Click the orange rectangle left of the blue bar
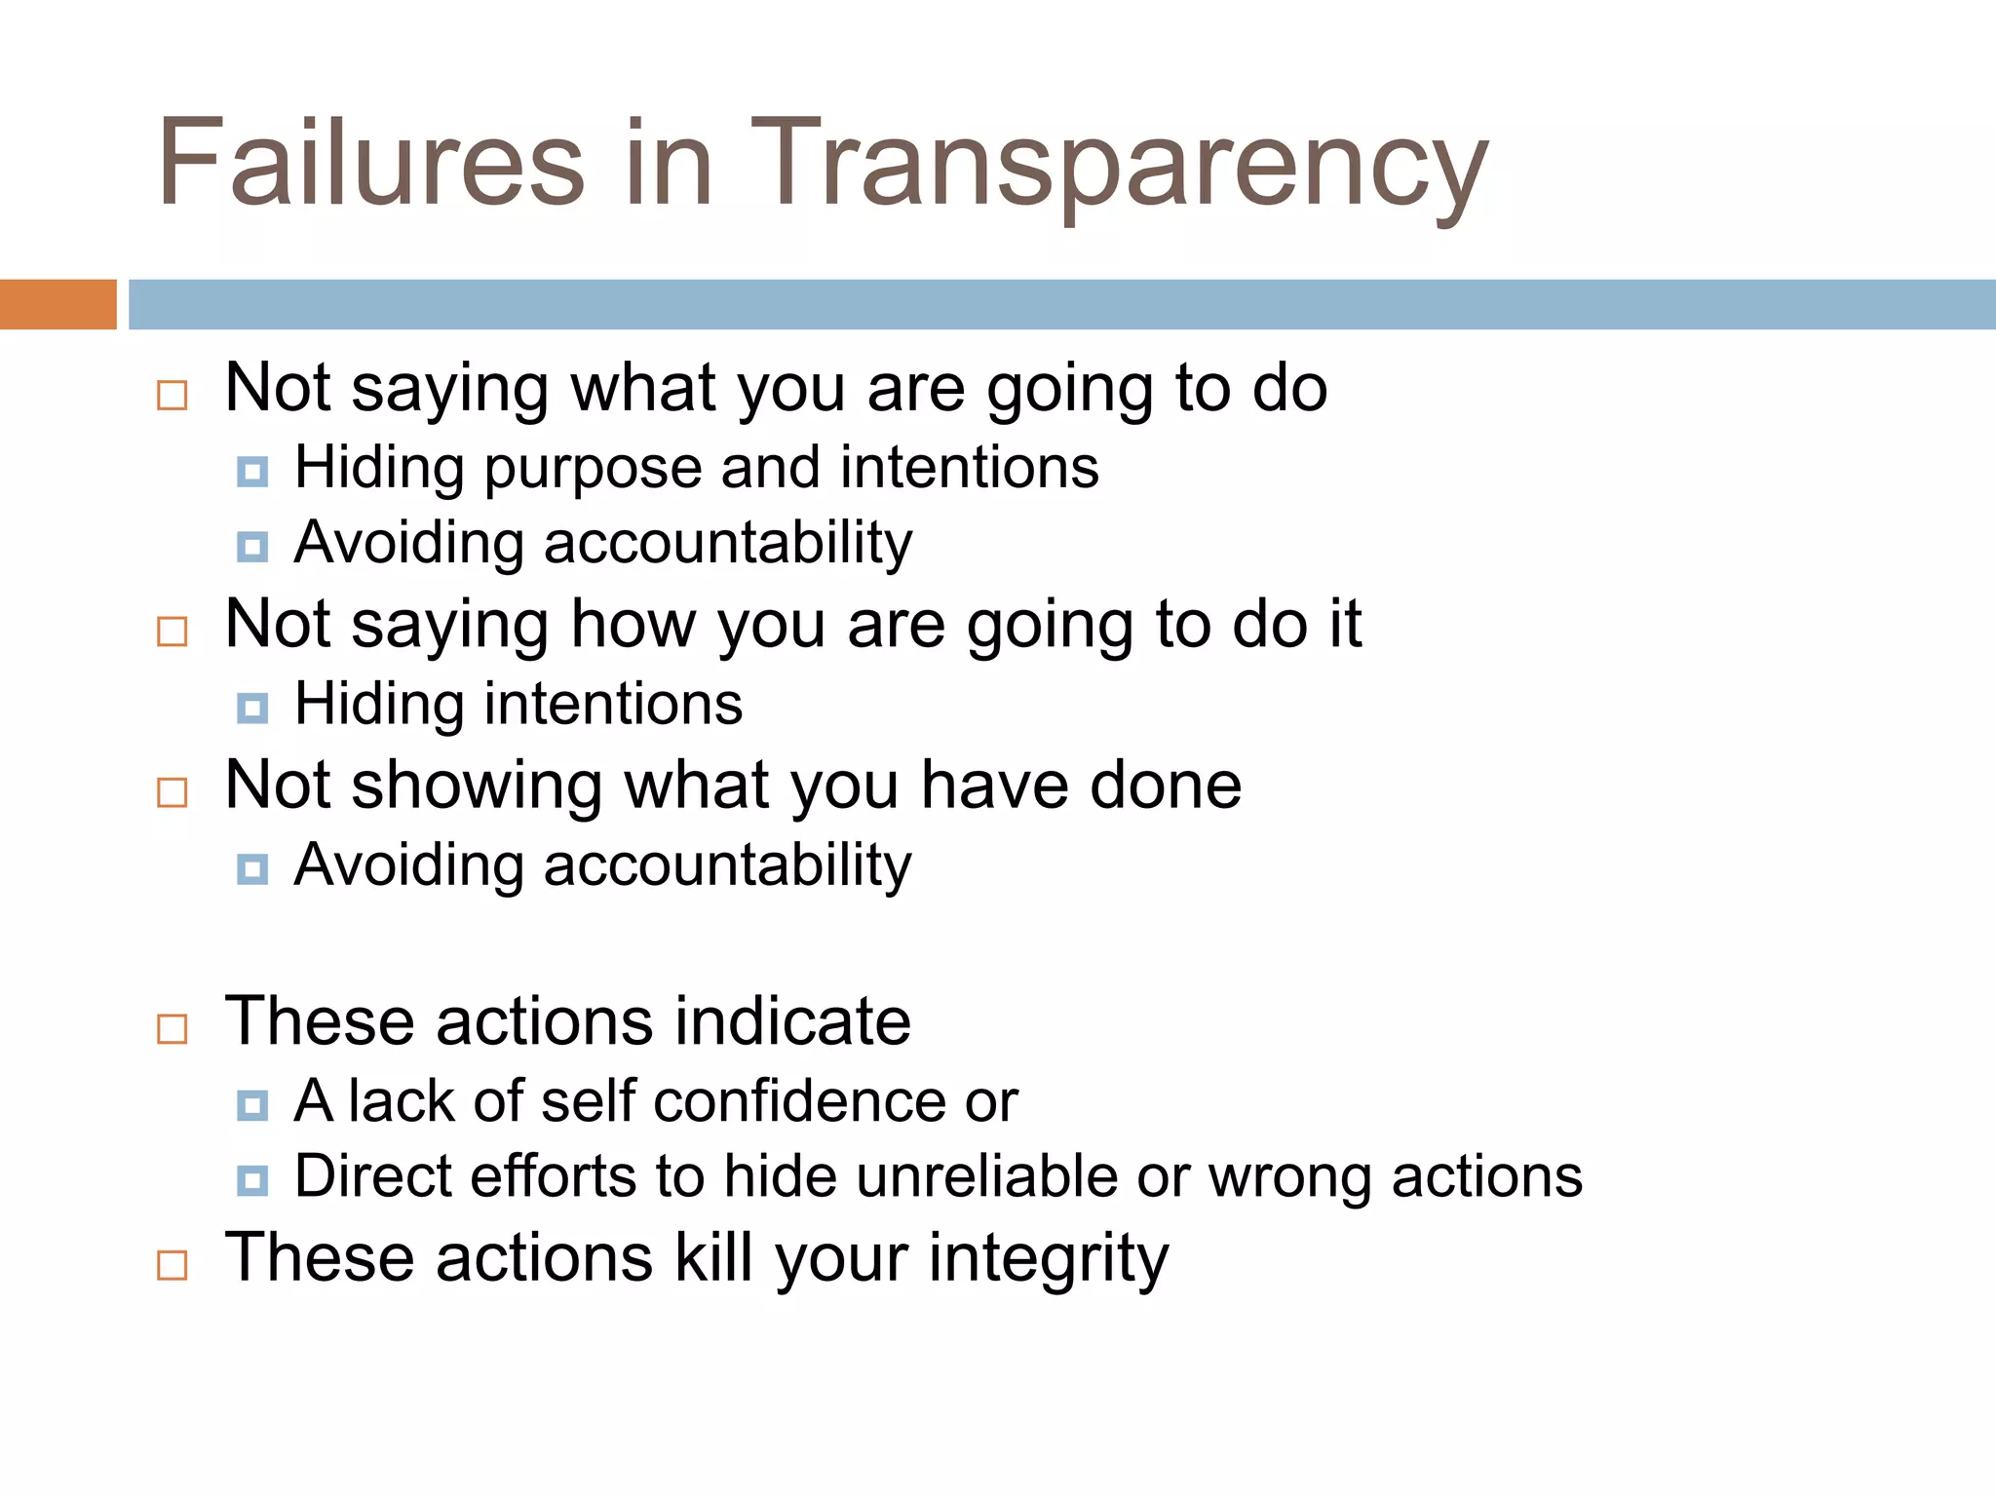tap(58, 304)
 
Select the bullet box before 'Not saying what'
tap(173, 395)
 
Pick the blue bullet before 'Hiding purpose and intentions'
tap(252, 472)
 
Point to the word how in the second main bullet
tap(633, 625)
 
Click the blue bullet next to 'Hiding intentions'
tap(252, 708)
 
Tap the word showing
tap(477, 786)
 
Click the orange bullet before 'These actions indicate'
tap(173, 1028)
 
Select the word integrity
tap(1049, 1259)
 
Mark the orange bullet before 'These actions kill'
tap(173, 1265)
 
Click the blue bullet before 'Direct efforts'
tap(252, 1180)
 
